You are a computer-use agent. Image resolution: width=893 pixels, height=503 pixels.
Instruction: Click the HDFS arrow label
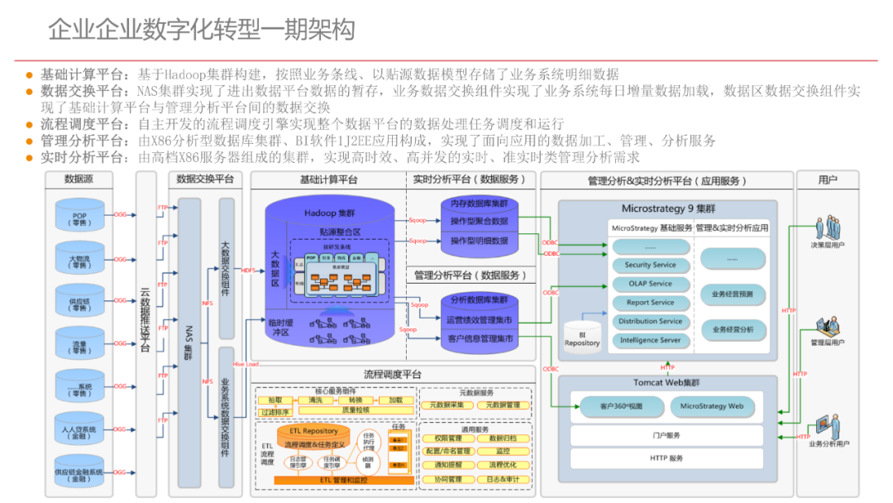click(248, 270)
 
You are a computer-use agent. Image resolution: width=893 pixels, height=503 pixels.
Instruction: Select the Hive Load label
click(246, 364)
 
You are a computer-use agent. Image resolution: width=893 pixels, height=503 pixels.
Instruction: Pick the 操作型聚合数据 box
click(480, 222)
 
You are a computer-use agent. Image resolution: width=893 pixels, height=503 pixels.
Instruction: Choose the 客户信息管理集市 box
click(480, 338)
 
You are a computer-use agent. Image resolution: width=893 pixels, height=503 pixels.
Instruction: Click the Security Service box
click(650, 265)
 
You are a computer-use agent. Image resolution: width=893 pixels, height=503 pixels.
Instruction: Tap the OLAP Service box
click(650, 284)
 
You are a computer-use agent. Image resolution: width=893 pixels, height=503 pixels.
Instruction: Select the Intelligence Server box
click(650, 340)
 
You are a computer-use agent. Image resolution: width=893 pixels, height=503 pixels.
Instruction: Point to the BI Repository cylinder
click(582, 333)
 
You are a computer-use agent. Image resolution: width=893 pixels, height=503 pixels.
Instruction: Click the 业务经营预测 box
click(733, 294)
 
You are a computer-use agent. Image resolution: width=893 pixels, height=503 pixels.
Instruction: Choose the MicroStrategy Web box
click(712, 406)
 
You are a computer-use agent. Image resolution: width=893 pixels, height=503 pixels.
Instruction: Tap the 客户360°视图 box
click(621, 406)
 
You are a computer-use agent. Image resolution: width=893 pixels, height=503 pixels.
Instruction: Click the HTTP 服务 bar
click(666, 457)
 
